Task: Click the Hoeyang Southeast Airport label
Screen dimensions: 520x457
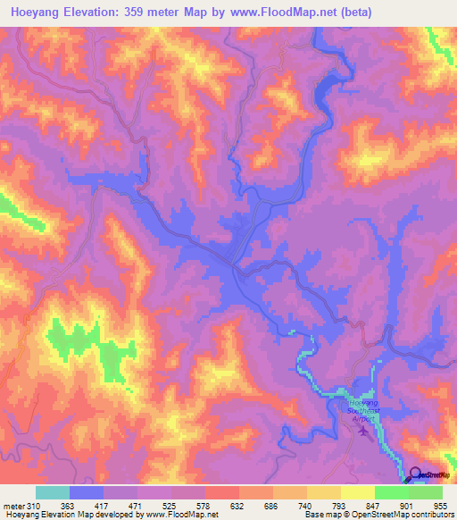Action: [x=361, y=409]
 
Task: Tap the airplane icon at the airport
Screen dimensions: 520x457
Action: [x=363, y=432]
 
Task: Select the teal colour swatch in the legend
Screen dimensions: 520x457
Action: [x=53, y=493]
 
